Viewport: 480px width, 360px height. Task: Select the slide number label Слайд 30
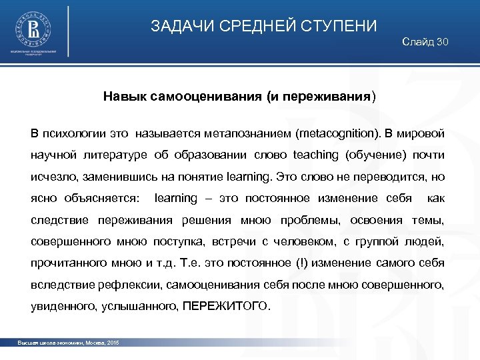coord(425,42)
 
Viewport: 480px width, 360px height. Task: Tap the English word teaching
coord(315,155)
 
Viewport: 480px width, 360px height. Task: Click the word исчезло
coord(53,177)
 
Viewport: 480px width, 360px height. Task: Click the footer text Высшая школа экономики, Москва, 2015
coord(69,343)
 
